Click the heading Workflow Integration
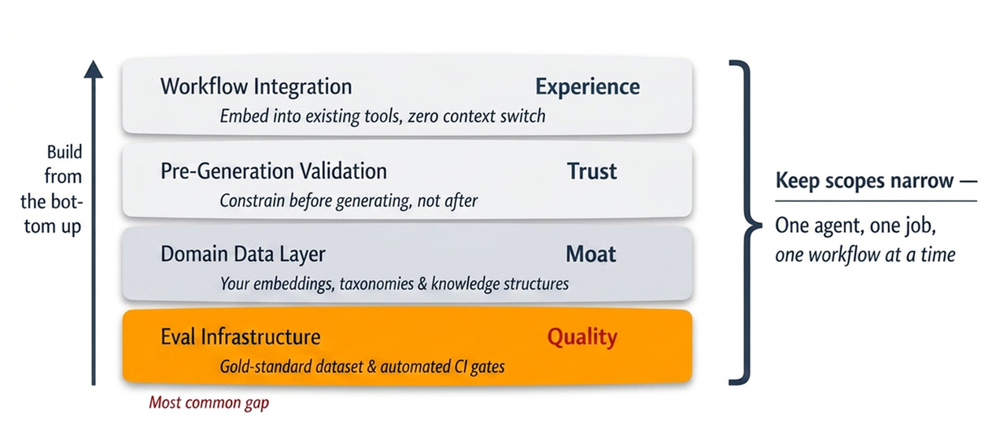point(256,86)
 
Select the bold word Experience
point(588,86)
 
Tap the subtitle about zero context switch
point(382,116)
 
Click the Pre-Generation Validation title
point(274,171)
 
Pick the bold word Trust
point(592,171)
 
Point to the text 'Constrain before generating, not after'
point(349,200)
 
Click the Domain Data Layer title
point(243,254)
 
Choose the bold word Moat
point(591,254)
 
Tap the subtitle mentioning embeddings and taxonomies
point(394,284)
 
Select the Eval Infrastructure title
point(241,337)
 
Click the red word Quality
point(582,338)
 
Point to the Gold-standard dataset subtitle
point(363,367)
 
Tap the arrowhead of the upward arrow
point(94,69)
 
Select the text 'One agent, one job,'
point(855,226)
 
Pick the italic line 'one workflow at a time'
point(865,255)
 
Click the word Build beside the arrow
point(65,152)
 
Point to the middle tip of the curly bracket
point(761,225)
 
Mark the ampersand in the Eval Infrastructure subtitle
point(372,367)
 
